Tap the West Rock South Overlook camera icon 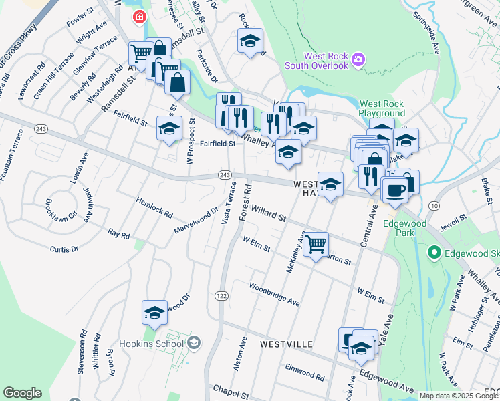[x=358, y=61]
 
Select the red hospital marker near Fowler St [x=140, y=17]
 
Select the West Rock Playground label [x=382, y=109]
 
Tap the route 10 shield [x=434, y=205]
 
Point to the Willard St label [x=269, y=217]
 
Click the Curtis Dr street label [x=64, y=249]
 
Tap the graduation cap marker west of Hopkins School [x=154, y=313]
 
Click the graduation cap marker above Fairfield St [x=170, y=128]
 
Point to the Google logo [x=22, y=393]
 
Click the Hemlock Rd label [x=154, y=207]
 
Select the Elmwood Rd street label [x=304, y=372]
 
